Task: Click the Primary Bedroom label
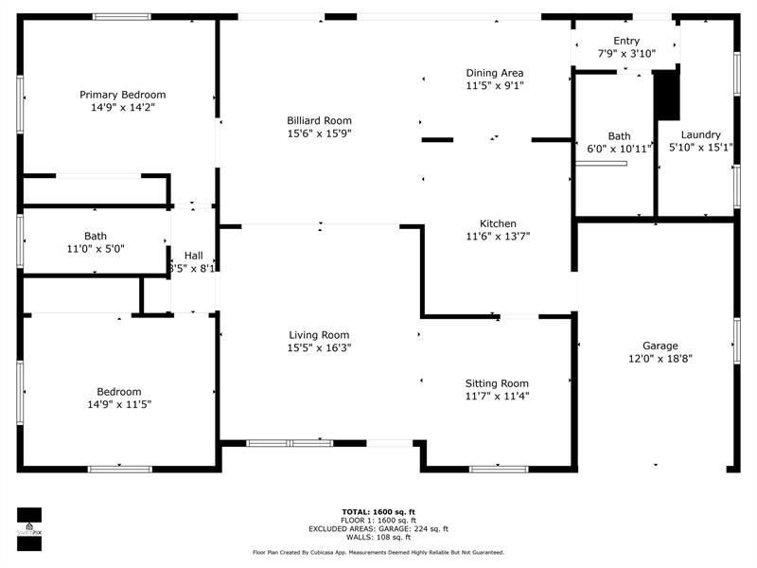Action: [x=123, y=95]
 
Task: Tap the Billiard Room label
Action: [x=320, y=120]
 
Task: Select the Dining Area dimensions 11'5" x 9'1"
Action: [x=495, y=86]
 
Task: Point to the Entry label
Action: [x=626, y=41]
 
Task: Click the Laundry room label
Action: [x=695, y=134]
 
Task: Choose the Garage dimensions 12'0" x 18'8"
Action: [x=660, y=360]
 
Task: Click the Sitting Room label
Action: [x=497, y=383]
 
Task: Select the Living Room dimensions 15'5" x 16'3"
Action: [x=319, y=348]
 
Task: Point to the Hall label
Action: [x=193, y=256]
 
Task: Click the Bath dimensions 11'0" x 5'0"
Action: [x=96, y=249]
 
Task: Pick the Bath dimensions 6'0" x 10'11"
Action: [x=619, y=150]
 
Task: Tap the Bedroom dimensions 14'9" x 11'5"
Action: [x=118, y=404]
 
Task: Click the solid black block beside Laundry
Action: [x=668, y=95]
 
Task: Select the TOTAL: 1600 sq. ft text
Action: [x=378, y=512]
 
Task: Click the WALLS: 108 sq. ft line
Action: [x=378, y=538]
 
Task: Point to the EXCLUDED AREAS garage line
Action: [x=378, y=529]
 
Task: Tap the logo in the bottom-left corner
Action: [x=29, y=527]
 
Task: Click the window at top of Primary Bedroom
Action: [x=121, y=16]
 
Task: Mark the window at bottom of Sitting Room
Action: [x=499, y=468]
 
